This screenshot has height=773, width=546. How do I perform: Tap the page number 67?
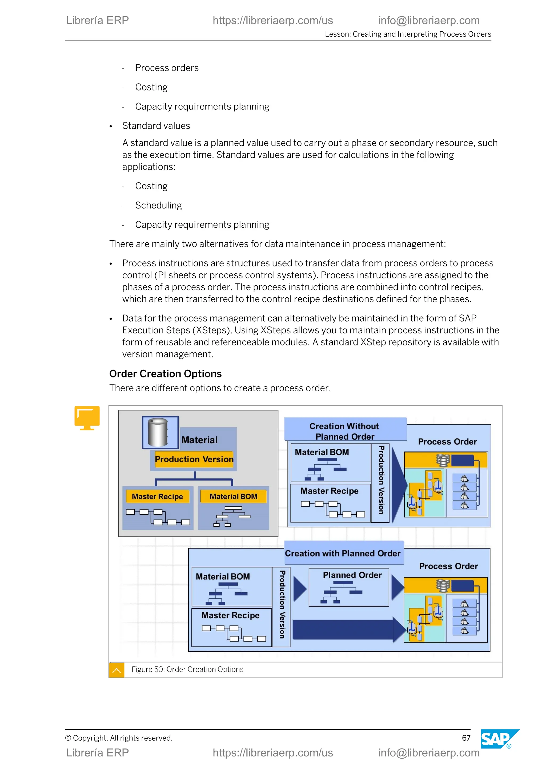466,738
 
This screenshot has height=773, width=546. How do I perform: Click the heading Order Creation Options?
165,374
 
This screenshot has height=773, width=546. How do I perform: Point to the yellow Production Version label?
194,459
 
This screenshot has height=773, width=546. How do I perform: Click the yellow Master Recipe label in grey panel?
157,496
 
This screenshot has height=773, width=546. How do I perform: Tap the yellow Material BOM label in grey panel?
233,496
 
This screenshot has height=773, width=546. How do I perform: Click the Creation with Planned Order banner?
343,554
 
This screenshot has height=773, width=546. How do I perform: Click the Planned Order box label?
352,575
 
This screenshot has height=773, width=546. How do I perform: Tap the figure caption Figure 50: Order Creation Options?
187,669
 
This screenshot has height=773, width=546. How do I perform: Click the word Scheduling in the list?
158,205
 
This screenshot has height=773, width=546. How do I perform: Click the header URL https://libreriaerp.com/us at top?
273,21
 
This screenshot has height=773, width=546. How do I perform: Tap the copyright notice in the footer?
119,738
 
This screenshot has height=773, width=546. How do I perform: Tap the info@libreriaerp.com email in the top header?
429,21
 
